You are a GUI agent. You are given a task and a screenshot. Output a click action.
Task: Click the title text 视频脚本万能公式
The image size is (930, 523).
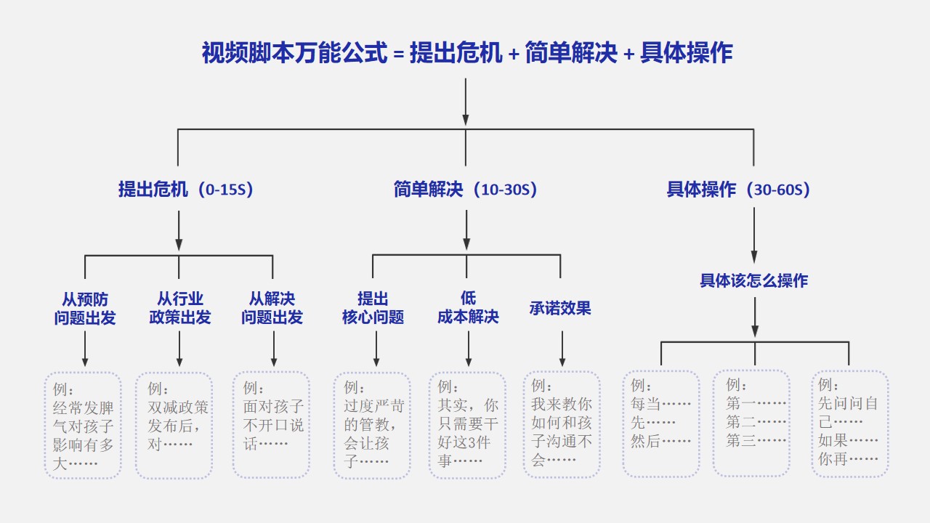pos(294,53)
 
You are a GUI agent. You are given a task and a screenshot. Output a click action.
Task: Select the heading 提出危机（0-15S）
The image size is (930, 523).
pos(185,190)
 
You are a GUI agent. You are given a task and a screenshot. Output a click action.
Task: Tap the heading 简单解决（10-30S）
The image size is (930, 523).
pos(466,190)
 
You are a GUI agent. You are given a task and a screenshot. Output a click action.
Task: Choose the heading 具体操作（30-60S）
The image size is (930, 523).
pos(738,190)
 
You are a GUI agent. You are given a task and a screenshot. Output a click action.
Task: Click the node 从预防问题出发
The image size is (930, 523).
pos(85,309)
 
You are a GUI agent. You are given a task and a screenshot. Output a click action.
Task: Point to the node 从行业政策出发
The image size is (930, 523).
pos(179,308)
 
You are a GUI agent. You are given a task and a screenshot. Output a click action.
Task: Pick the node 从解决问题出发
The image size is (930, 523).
pos(272,308)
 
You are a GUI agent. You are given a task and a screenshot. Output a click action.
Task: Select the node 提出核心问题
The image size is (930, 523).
pos(373,308)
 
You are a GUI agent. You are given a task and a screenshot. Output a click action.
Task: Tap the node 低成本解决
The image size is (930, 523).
pos(468,307)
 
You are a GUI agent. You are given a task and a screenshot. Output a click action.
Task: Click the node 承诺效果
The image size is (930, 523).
pos(560,308)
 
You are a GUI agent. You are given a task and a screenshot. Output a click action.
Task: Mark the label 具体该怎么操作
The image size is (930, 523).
pos(754,280)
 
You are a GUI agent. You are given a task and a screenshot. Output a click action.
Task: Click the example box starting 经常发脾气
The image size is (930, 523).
pos(83,426)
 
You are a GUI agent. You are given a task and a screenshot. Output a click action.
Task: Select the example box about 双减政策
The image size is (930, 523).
pos(174,426)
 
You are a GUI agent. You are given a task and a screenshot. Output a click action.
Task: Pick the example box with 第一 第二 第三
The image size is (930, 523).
pos(751,423)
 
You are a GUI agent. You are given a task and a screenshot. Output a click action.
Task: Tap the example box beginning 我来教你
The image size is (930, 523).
pos(562,425)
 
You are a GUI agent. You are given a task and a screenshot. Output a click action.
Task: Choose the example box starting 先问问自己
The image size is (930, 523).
pos(850,423)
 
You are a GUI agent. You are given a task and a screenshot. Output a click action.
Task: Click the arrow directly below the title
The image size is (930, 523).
pos(466,102)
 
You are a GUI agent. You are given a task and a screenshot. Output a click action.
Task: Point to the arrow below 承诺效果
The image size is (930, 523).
pos(562,349)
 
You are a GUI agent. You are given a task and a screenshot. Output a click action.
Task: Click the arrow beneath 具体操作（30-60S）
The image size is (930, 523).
pos(754,235)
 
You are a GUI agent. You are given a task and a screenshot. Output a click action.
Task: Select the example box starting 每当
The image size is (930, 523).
pos(661,423)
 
